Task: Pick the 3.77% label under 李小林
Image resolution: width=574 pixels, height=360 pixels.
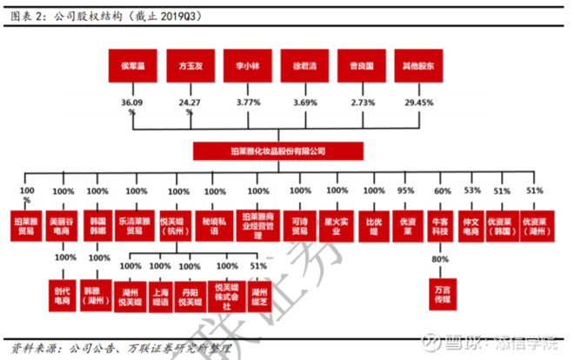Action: (248, 103)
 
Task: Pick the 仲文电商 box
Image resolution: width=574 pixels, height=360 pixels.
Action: (472, 222)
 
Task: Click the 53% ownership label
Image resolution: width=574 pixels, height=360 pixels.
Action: (472, 190)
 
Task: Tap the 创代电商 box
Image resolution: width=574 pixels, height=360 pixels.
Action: (63, 291)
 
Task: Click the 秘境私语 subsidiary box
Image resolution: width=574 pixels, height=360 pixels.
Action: (212, 222)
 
